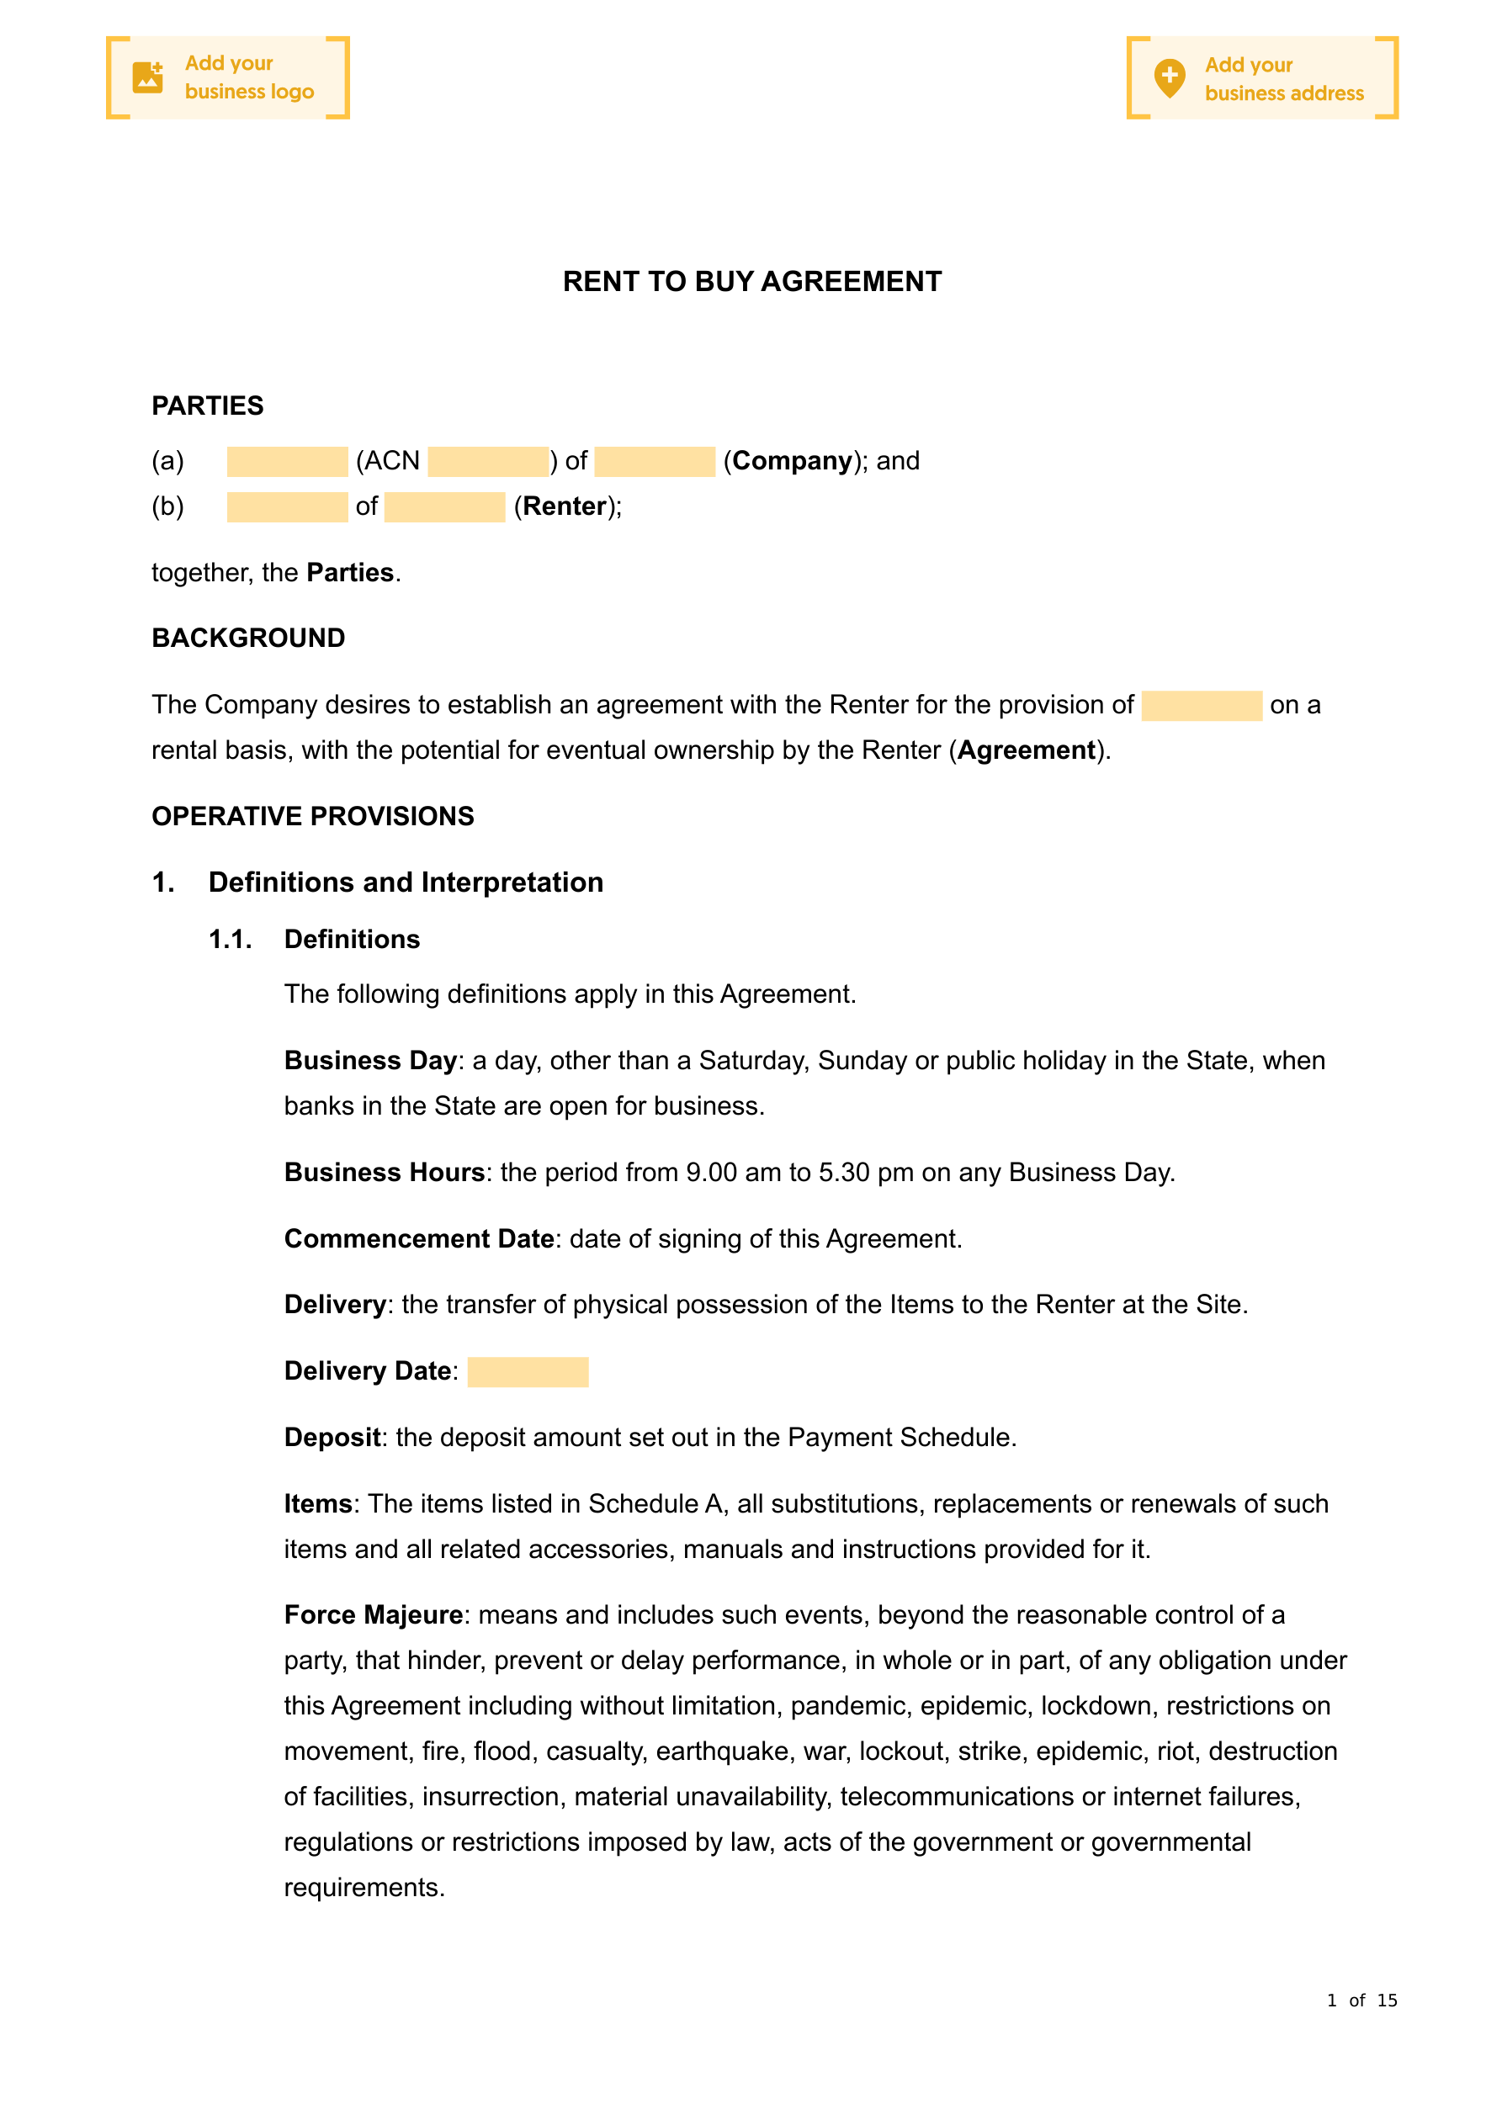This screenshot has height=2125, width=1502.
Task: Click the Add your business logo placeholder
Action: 228,77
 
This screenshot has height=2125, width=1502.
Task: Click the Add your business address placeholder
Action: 1261,79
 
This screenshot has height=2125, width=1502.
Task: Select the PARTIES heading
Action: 208,405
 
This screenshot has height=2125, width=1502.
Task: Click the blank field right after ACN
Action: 488,461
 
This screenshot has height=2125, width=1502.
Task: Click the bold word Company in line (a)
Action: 792,461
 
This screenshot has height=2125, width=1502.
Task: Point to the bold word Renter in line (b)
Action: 564,506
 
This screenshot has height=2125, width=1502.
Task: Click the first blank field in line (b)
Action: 287,506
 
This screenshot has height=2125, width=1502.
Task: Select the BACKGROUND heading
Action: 248,638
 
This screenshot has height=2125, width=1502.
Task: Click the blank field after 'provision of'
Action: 1201,705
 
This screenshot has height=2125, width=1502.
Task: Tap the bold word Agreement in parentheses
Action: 1026,750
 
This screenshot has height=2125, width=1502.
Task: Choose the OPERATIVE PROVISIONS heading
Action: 313,815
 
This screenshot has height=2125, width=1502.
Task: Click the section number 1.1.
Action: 231,940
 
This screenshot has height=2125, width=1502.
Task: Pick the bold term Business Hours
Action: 385,1172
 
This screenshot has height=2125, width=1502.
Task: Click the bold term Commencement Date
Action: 418,1238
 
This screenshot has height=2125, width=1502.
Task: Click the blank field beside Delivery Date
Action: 528,1371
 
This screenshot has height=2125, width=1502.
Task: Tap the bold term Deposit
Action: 332,1438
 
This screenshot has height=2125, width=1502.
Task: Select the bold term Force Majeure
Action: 373,1615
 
